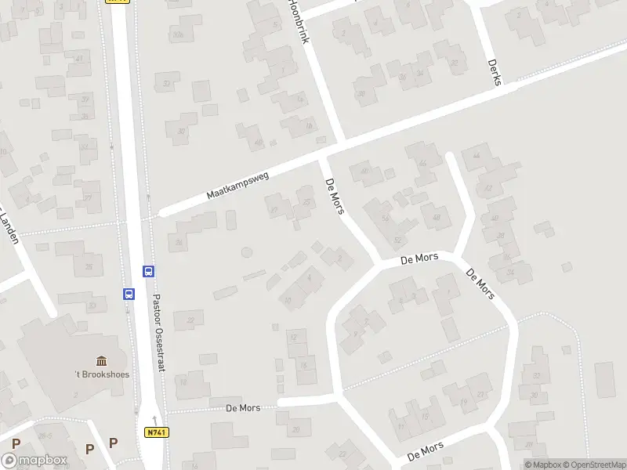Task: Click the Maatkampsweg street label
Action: pos(238,186)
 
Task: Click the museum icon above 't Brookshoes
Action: pos(102,360)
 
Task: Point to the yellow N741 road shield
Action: pos(156,432)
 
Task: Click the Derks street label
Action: pos(494,74)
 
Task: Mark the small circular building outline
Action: pos(247,252)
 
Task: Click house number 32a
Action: pos(179,35)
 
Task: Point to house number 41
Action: pos(79,58)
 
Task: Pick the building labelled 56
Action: pos(385,219)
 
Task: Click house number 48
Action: pos(436,217)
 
